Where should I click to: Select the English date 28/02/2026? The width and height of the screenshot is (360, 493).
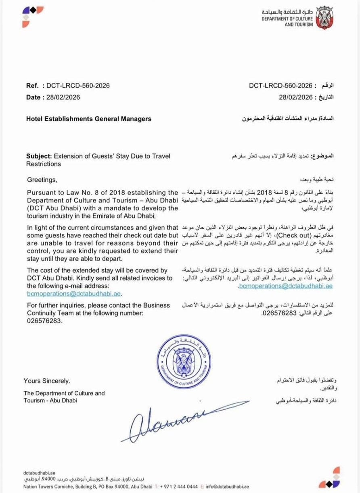(x=63, y=97)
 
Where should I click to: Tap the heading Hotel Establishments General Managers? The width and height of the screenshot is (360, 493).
(x=89, y=119)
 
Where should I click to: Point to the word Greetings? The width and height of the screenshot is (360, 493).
(x=42, y=179)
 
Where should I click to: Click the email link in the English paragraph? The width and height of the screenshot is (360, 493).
(x=74, y=294)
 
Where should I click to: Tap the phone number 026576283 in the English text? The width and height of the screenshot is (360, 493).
(x=45, y=321)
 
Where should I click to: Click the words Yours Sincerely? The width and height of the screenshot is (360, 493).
(x=47, y=381)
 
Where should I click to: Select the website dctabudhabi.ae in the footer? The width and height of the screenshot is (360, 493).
(x=39, y=472)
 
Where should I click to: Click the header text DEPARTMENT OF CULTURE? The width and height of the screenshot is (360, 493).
(x=287, y=19)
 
